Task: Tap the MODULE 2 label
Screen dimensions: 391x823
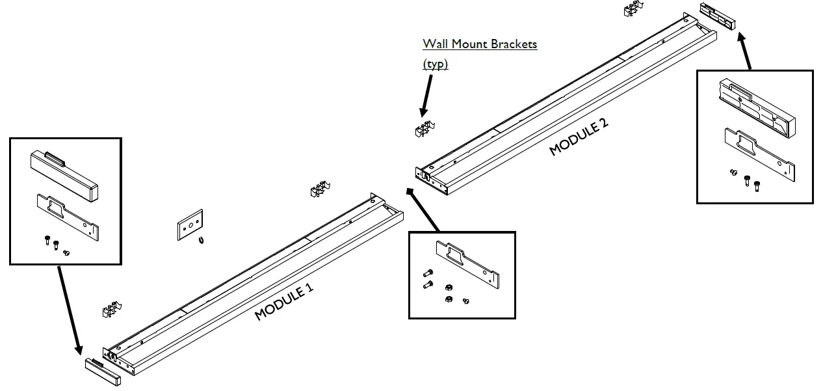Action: pyautogui.click(x=579, y=137)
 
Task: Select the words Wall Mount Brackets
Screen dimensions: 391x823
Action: pyautogui.click(x=480, y=44)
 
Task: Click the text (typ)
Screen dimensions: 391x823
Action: pyautogui.click(x=435, y=64)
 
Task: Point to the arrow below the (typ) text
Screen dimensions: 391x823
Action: pyautogui.click(x=426, y=95)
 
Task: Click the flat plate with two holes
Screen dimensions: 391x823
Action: pyautogui.click(x=190, y=224)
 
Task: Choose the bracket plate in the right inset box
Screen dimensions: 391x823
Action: pyautogui.click(x=760, y=154)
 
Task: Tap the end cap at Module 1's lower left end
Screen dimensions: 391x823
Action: pyautogui.click(x=103, y=370)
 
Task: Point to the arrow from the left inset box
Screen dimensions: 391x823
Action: pyautogui.click(x=69, y=310)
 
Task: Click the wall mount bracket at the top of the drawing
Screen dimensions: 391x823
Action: pyautogui.click(x=634, y=8)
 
